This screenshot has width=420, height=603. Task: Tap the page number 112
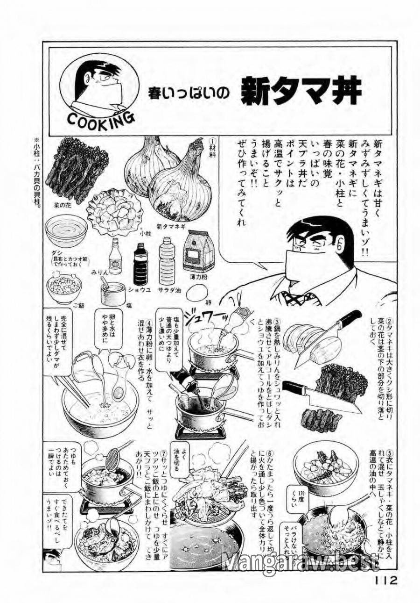click(385, 581)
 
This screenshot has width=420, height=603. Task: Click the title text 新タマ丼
click(301, 93)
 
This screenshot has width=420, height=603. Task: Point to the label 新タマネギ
click(171, 227)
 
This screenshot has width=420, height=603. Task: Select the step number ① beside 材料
click(211, 140)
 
